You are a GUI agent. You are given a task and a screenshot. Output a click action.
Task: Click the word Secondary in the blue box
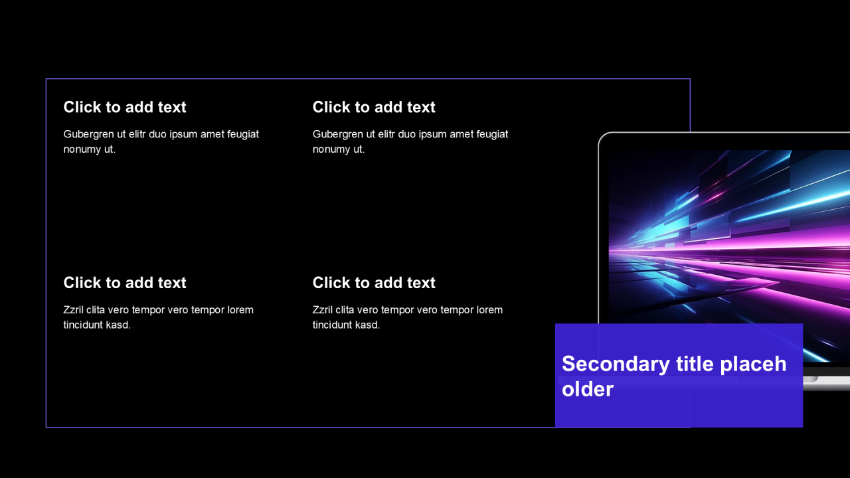point(616,364)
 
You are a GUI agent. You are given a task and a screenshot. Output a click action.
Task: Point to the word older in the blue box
point(588,389)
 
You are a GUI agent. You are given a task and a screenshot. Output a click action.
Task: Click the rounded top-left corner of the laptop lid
point(602,137)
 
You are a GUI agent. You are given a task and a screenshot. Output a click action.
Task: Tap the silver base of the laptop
point(827,382)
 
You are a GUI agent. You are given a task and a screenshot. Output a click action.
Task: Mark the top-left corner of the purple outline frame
point(46,79)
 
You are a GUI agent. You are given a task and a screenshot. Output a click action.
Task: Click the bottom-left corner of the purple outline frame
point(46,428)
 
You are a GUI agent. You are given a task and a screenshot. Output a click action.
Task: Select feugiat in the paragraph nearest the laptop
point(493,134)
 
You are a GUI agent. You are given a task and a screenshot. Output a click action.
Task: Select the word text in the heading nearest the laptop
point(421,107)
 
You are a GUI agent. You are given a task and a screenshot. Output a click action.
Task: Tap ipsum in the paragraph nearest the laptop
point(432,134)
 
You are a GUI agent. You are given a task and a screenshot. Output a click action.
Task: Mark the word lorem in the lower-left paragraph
point(240,310)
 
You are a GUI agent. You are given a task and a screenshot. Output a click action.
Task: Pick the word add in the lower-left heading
point(139,283)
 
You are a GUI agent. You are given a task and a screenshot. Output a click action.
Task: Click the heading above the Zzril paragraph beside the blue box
point(374,283)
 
